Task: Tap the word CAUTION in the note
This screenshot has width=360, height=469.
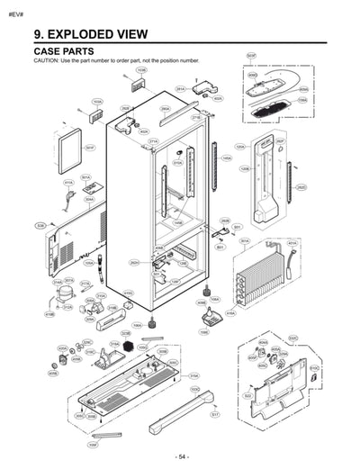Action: [46, 61]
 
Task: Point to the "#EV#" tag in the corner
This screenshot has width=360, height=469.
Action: [15, 10]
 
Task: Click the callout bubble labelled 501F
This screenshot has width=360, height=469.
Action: [90, 148]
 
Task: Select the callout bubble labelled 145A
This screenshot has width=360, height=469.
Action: [227, 158]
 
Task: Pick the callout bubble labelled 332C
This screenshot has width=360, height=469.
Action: [292, 338]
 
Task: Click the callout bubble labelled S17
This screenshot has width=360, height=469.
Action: [215, 415]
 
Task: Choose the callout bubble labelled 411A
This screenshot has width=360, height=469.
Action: [68, 182]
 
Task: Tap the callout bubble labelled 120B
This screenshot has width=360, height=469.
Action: [244, 168]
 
